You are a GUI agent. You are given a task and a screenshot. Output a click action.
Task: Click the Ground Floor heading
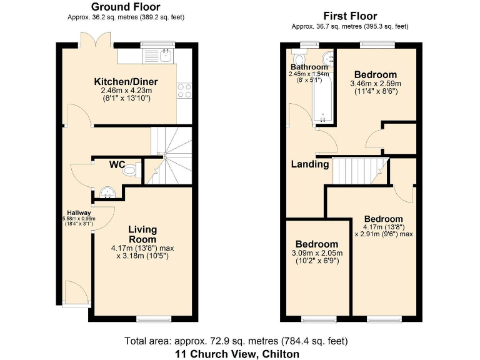pyautogui.click(x=126, y=7)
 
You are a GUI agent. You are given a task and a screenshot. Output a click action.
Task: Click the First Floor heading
pyautogui.click(x=349, y=16)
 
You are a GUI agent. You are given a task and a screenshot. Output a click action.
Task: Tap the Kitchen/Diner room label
pyautogui.click(x=126, y=82)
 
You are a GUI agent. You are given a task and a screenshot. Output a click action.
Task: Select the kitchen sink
pyautogui.click(x=164, y=56)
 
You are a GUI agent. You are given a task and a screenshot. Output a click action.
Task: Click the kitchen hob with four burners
pyautogui.click(x=184, y=90)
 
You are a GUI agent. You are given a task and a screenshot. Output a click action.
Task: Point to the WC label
pyautogui.click(x=117, y=165)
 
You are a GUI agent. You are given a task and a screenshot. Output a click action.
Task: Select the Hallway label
pyautogui.click(x=79, y=213)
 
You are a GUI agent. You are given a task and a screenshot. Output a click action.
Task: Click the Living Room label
pyautogui.click(x=142, y=234)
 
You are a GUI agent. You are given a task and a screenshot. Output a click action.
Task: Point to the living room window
pyautogui.click(x=152, y=319)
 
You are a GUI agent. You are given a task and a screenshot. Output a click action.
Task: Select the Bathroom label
pyautogui.click(x=309, y=67)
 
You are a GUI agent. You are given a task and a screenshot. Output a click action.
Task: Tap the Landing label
pyautogui.click(x=310, y=164)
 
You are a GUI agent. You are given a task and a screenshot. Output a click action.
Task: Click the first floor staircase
pyautogui.click(x=357, y=171)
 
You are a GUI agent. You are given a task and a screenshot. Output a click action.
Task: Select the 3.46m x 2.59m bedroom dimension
pyautogui.click(x=375, y=83)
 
